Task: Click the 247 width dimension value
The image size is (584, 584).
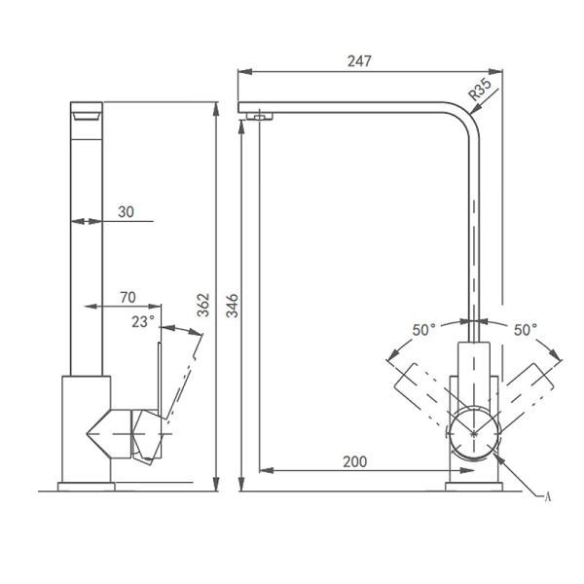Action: click(x=359, y=60)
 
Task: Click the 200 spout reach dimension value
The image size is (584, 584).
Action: click(x=355, y=461)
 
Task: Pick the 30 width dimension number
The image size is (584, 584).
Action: click(x=127, y=210)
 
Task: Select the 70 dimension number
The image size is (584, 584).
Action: click(x=127, y=296)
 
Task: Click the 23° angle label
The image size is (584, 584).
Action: click(x=144, y=322)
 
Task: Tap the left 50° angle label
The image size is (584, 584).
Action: click(x=423, y=330)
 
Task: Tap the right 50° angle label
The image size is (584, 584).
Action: click(x=526, y=330)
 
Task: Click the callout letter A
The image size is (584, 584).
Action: click(x=547, y=496)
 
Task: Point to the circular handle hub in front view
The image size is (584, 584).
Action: click(x=474, y=429)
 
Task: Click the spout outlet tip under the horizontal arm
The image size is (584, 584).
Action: click(x=259, y=117)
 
